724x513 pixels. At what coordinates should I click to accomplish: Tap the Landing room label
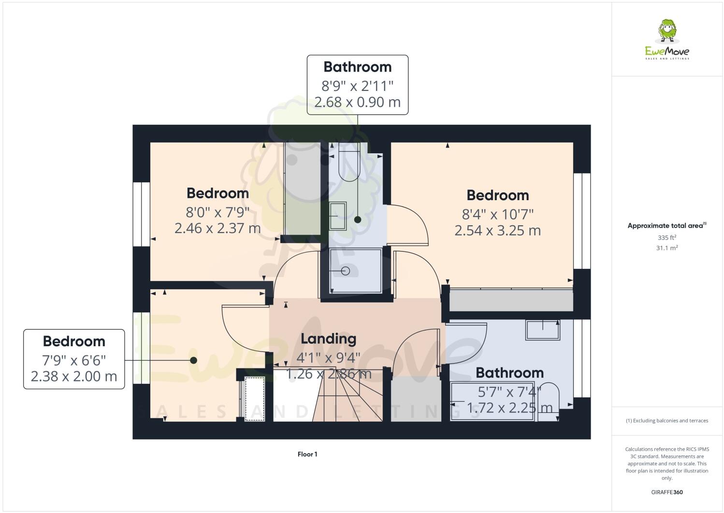pos(328,339)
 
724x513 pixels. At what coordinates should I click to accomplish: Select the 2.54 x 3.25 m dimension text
pos(497,231)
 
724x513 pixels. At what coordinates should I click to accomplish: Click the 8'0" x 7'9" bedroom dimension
pos(217,212)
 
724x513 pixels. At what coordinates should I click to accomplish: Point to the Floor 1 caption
pos(307,454)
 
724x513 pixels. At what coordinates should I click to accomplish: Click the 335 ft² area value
pos(666,237)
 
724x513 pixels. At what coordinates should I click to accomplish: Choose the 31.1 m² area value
pos(666,248)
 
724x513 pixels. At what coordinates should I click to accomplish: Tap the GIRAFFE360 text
pos(666,493)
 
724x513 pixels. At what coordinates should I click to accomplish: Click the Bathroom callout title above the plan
pos(357,67)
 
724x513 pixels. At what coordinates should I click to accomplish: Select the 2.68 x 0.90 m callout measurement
pos(357,103)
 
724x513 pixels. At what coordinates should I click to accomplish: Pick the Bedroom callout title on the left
pos(74,341)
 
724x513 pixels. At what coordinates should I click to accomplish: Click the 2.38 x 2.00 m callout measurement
pos(74,377)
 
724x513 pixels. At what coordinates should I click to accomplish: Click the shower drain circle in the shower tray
pos(346,271)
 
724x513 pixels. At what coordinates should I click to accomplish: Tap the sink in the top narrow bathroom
pos(338,216)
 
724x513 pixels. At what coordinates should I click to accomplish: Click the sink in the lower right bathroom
pos(543,329)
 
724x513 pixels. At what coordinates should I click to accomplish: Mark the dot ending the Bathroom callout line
pos(357,220)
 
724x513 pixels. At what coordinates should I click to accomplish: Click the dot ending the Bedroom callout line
pos(193,360)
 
